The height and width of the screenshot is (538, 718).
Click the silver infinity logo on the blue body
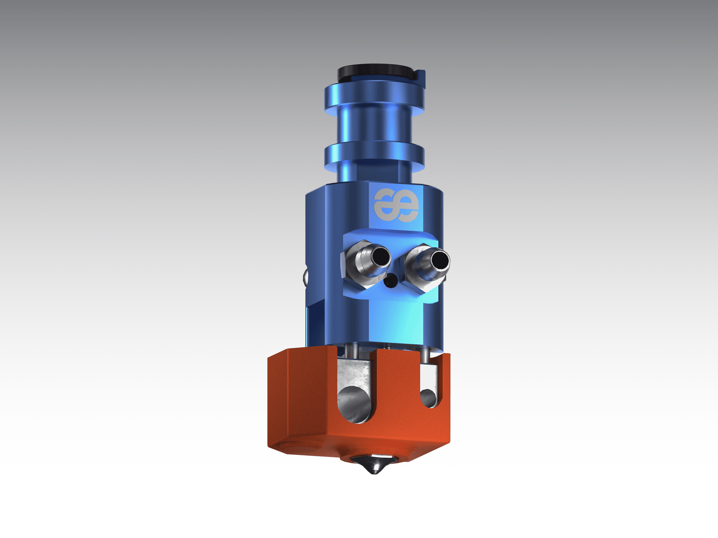tap(396, 206)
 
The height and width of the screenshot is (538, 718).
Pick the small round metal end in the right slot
tap(428, 398)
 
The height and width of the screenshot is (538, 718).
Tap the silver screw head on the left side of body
tap(306, 277)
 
